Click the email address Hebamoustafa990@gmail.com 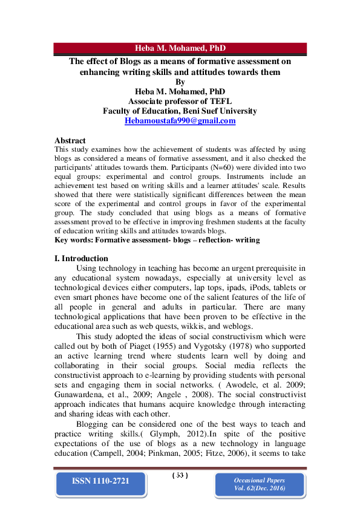[180, 120]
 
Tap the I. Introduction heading [82, 258]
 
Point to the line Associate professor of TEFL [180, 102]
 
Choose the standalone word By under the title [180, 82]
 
